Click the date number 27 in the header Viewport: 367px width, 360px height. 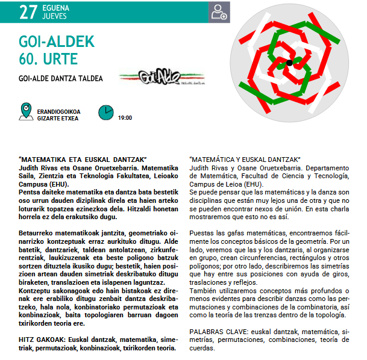(29, 12)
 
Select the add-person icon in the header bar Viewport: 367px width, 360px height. (219, 12)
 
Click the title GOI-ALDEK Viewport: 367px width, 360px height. (57, 42)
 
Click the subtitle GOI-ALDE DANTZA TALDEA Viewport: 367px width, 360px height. (61, 78)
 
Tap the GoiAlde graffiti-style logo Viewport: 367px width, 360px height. (149, 77)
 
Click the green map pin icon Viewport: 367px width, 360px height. (25, 111)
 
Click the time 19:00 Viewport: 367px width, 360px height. (125, 118)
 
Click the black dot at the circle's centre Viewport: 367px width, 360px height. (289, 63)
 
